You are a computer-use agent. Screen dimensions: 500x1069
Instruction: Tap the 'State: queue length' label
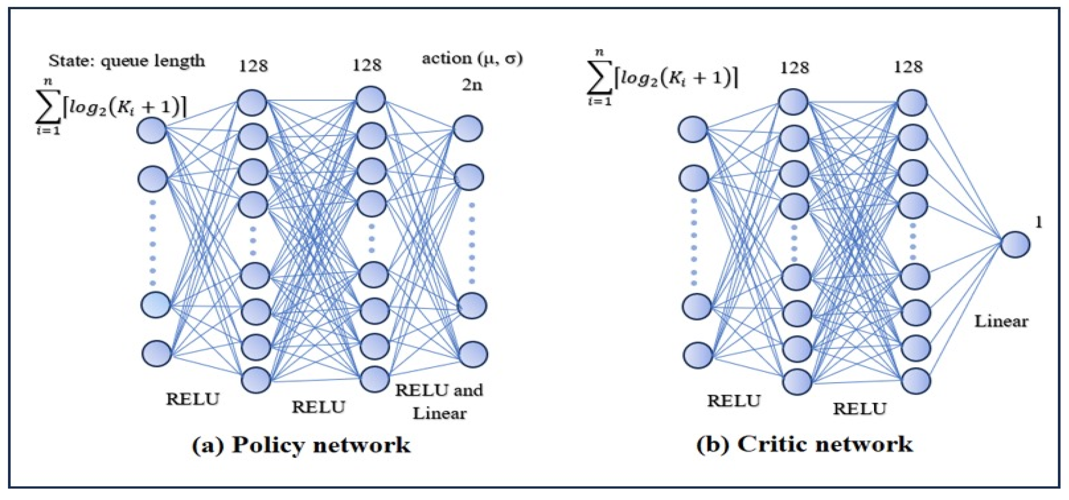click(127, 61)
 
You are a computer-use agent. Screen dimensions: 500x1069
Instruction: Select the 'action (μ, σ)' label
click(472, 58)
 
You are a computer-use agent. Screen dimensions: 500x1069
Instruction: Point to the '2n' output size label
click(472, 85)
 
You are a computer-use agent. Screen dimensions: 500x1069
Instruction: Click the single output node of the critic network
click(1015, 244)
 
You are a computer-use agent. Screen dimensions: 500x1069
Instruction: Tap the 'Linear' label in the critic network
click(1001, 321)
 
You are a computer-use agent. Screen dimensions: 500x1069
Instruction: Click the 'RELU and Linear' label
click(439, 401)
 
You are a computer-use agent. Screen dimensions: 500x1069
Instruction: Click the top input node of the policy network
click(152, 130)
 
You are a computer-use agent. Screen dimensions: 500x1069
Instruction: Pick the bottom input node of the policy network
click(156, 354)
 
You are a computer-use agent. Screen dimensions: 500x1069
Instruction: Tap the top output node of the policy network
click(468, 129)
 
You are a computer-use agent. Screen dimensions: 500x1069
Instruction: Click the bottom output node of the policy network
click(473, 355)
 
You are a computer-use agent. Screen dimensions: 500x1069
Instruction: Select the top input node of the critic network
click(693, 129)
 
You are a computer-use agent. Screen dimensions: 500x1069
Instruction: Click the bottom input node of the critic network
click(698, 355)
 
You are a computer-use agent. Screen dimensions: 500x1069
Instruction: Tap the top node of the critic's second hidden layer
click(912, 103)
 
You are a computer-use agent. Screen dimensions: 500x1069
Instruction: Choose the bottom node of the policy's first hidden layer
click(256, 379)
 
